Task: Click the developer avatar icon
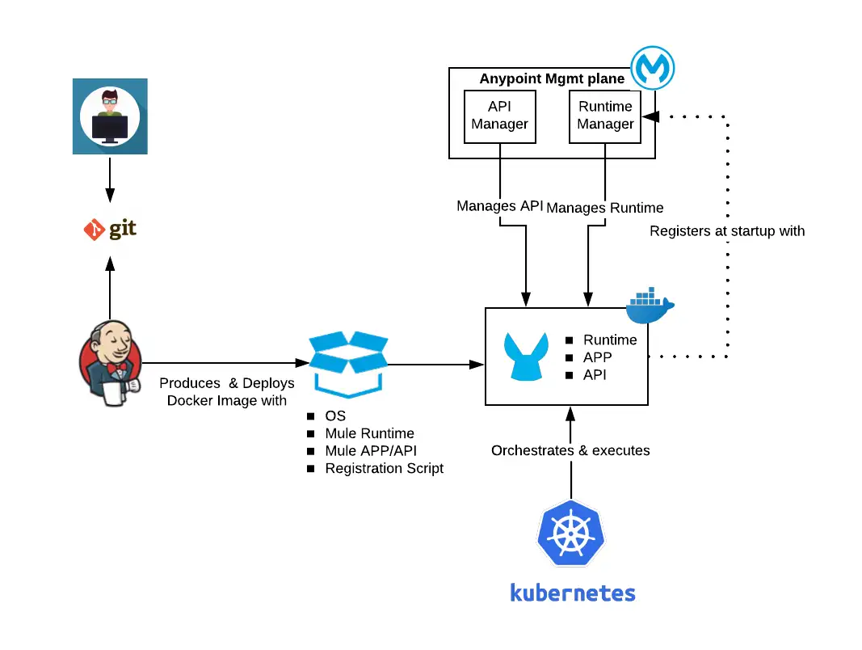[110, 116]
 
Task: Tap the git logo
[110, 230]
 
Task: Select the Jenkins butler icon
[111, 361]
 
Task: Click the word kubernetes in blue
[573, 593]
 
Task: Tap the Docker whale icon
[650, 306]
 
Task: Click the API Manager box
[500, 116]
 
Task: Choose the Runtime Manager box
[605, 116]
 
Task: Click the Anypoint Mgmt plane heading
[552, 78]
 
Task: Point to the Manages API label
[500, 206]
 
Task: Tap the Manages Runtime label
[605, 208]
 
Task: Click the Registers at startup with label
[727, 231]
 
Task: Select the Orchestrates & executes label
[570, 450]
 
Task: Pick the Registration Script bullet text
[384, 468]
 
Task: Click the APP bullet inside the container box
[597, 357]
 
